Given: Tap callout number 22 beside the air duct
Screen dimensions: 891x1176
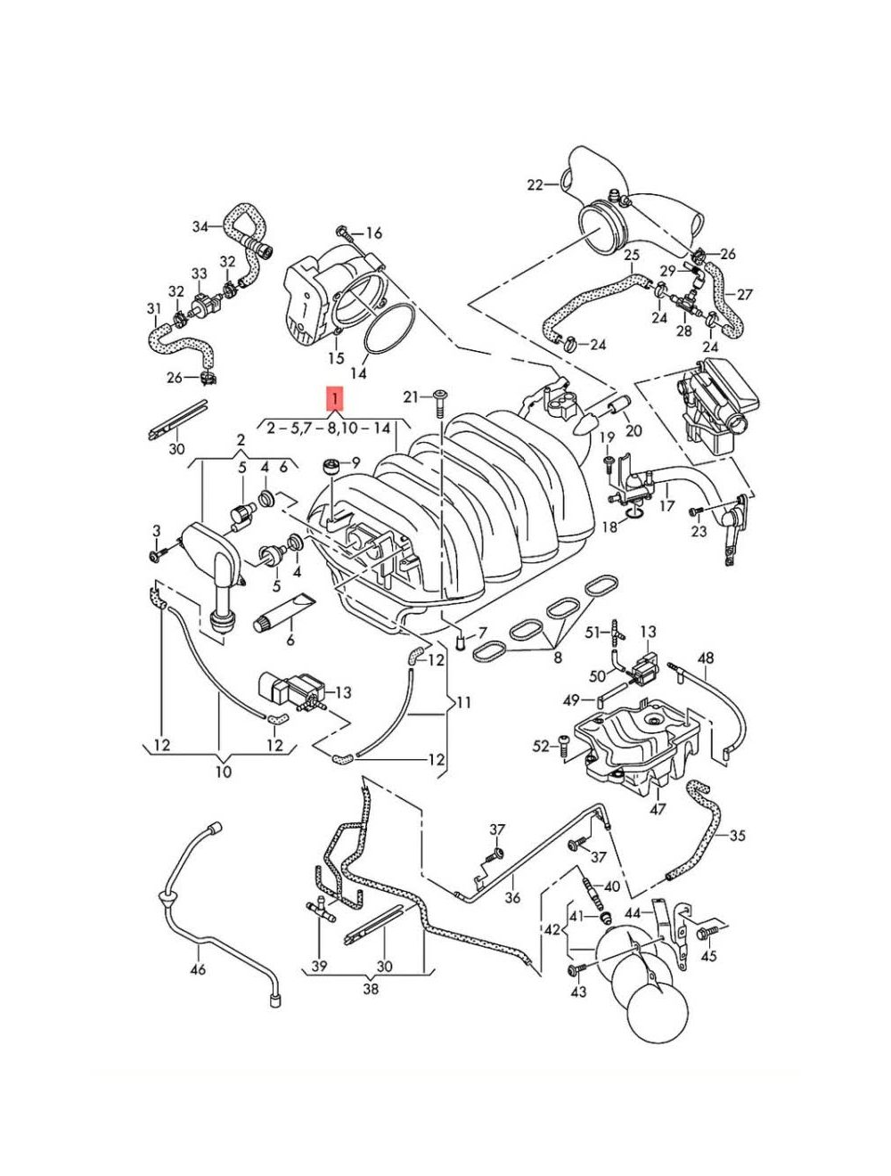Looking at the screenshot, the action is click(x=535, y=184).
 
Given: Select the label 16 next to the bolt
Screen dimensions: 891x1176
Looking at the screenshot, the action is click(x=374, y=233).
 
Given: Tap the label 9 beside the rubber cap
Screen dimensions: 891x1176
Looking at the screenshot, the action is click(x=356, y=461).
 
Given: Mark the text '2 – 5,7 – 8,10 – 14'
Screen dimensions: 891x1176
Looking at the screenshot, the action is click(x=329, y=429).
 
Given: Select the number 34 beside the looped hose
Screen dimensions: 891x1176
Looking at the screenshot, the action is click(x=200, y=226).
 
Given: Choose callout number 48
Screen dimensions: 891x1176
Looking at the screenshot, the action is click(x=706, y=657).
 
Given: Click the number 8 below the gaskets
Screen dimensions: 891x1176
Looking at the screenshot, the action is click(x=558, y=657).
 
